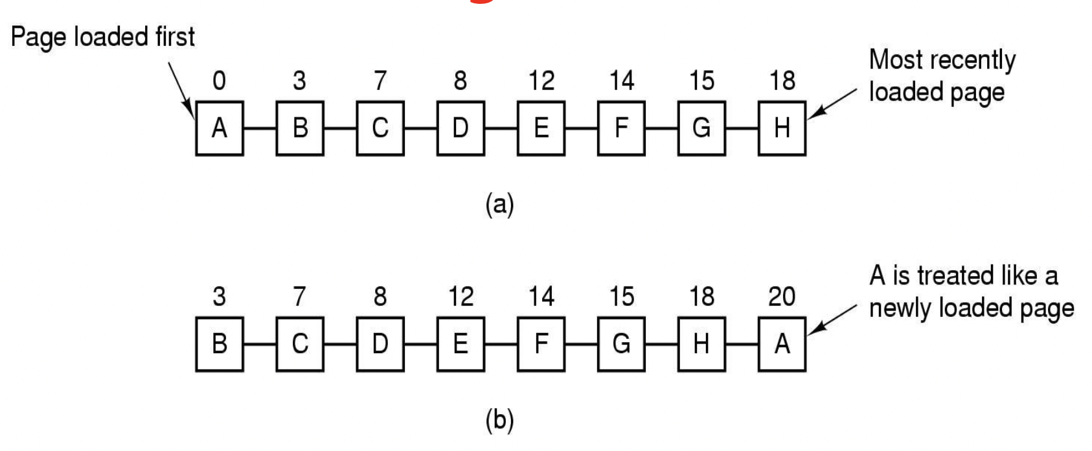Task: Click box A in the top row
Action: click(220, 128)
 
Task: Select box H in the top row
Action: click(782, 128)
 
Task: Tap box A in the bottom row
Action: click(782, 344)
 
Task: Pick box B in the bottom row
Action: click(220, 344)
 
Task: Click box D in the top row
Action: click(461, 128)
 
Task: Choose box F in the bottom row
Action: click(541, 344)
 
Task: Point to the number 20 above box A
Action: click(781, 297)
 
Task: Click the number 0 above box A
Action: click(220, 81)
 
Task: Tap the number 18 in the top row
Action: click(782, 81)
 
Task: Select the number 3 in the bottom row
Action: click(220, 297)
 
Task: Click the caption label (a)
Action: click(499, 205)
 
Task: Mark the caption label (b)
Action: click(499, 421)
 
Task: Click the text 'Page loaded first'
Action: click(103, 37)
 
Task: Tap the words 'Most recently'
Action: click(942, 60)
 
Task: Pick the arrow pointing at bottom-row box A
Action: click(833, 320)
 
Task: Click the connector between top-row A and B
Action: click(260, 128)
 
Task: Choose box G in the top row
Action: click(701, 128)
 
